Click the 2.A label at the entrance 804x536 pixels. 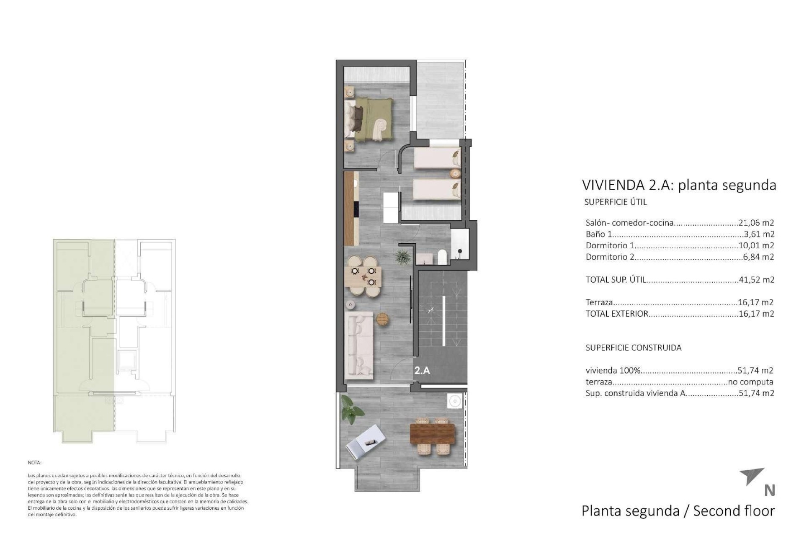[422, 371]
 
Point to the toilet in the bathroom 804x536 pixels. [442, 257]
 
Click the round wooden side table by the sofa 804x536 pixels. [383, 319]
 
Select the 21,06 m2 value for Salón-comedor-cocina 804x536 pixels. [756, 223]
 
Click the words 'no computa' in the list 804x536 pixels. [750, 382]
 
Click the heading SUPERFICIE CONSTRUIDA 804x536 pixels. [633, 348]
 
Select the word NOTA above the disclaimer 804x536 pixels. [34, 463]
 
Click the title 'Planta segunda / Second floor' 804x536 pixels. [678, 511]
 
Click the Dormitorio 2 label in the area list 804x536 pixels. [609, 257]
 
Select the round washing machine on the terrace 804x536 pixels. [454, 401]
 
